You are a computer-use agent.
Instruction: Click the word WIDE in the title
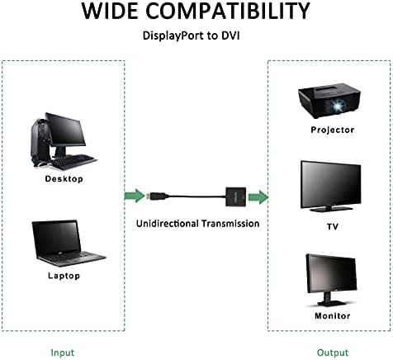coord(110,11)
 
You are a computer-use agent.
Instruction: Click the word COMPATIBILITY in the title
coord(228,11)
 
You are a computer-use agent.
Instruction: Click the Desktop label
coord(64,179)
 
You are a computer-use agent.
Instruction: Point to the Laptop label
coord(64,276)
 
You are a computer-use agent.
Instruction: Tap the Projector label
coord(333,130)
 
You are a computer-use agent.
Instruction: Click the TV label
coord(333,227)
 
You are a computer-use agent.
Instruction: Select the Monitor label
coord(333,315)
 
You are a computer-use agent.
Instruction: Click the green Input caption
coord(63,353)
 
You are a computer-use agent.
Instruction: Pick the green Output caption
coord(333,353)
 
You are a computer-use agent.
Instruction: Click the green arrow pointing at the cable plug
coord(135,196)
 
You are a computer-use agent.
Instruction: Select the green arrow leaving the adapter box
coord(258,197)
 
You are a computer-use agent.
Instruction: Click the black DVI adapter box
coord(236,197)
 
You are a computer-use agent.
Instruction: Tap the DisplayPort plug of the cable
coord(157,196)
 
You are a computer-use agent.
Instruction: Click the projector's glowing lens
coord(336,106)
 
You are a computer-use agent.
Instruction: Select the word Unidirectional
coord(168,224)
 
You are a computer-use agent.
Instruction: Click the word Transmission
coord(230,224)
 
